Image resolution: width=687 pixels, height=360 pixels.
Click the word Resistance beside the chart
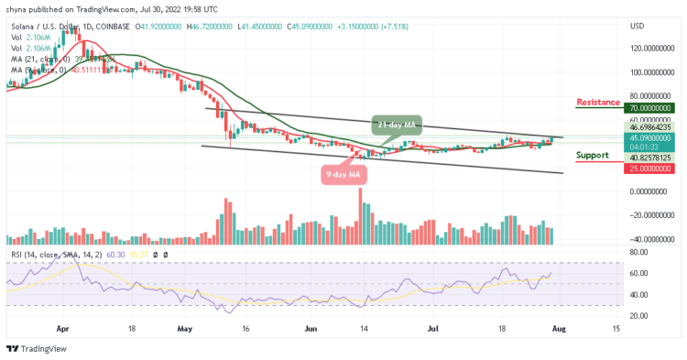pos(598,102)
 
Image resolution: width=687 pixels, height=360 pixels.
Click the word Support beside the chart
pos(593,155)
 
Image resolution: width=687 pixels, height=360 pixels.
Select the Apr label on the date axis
pos(62,327)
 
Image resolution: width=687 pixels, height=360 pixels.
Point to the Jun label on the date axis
pos(309,327)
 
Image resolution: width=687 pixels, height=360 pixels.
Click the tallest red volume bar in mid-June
pos(361,216)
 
